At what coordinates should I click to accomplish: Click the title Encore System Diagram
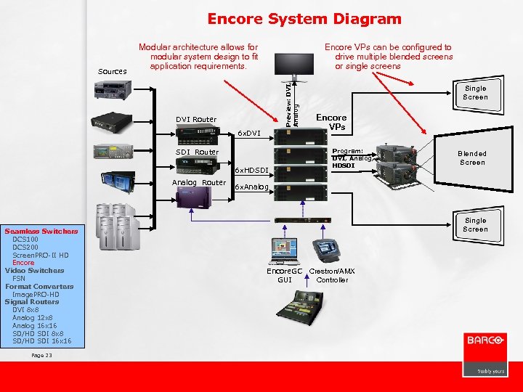[304, 19]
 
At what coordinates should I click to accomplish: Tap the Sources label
[113, 72]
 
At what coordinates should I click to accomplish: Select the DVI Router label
[195, 119]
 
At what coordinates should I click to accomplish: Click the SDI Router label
[197, 152]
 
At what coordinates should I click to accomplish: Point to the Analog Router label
[198, 182]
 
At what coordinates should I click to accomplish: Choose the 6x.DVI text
[249, 134]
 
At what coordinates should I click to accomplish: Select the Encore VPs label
[331, 122]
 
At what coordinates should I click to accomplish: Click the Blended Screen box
[471, 158]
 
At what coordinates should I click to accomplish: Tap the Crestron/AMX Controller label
[332, 275]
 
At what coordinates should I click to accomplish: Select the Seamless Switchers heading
[41, 232]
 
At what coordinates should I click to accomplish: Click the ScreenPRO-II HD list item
[41, 255]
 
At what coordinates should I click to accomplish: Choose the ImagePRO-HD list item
[36, 294]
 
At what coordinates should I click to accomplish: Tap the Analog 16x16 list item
[33, 325]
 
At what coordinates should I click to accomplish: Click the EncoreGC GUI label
[284, 275]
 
